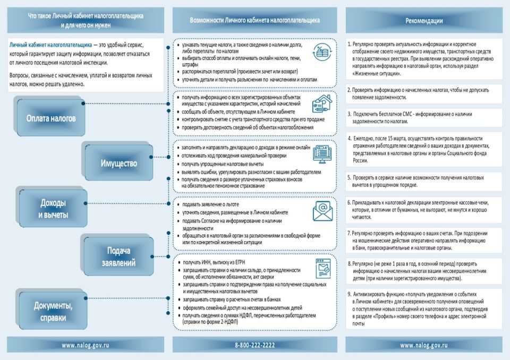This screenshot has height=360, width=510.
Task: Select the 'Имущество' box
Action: [118, 163]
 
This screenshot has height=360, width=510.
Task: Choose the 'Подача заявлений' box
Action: [118, 255]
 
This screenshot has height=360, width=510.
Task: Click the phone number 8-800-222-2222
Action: [254, 345]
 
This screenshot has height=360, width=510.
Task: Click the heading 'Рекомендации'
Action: [424, 21]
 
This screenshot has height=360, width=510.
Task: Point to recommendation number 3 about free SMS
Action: [410, 117]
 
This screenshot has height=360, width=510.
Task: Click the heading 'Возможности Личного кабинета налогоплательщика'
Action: [254, 21]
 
